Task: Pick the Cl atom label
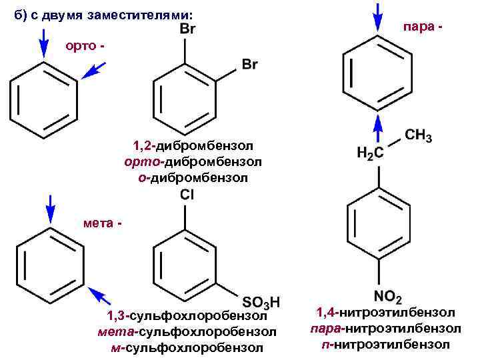point(187,195)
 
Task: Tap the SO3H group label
point(260,301)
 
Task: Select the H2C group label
point(370,153)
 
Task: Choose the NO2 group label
point(387,295)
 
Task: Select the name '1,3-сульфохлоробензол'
point(187,315)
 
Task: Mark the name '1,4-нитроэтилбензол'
point(385,312)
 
